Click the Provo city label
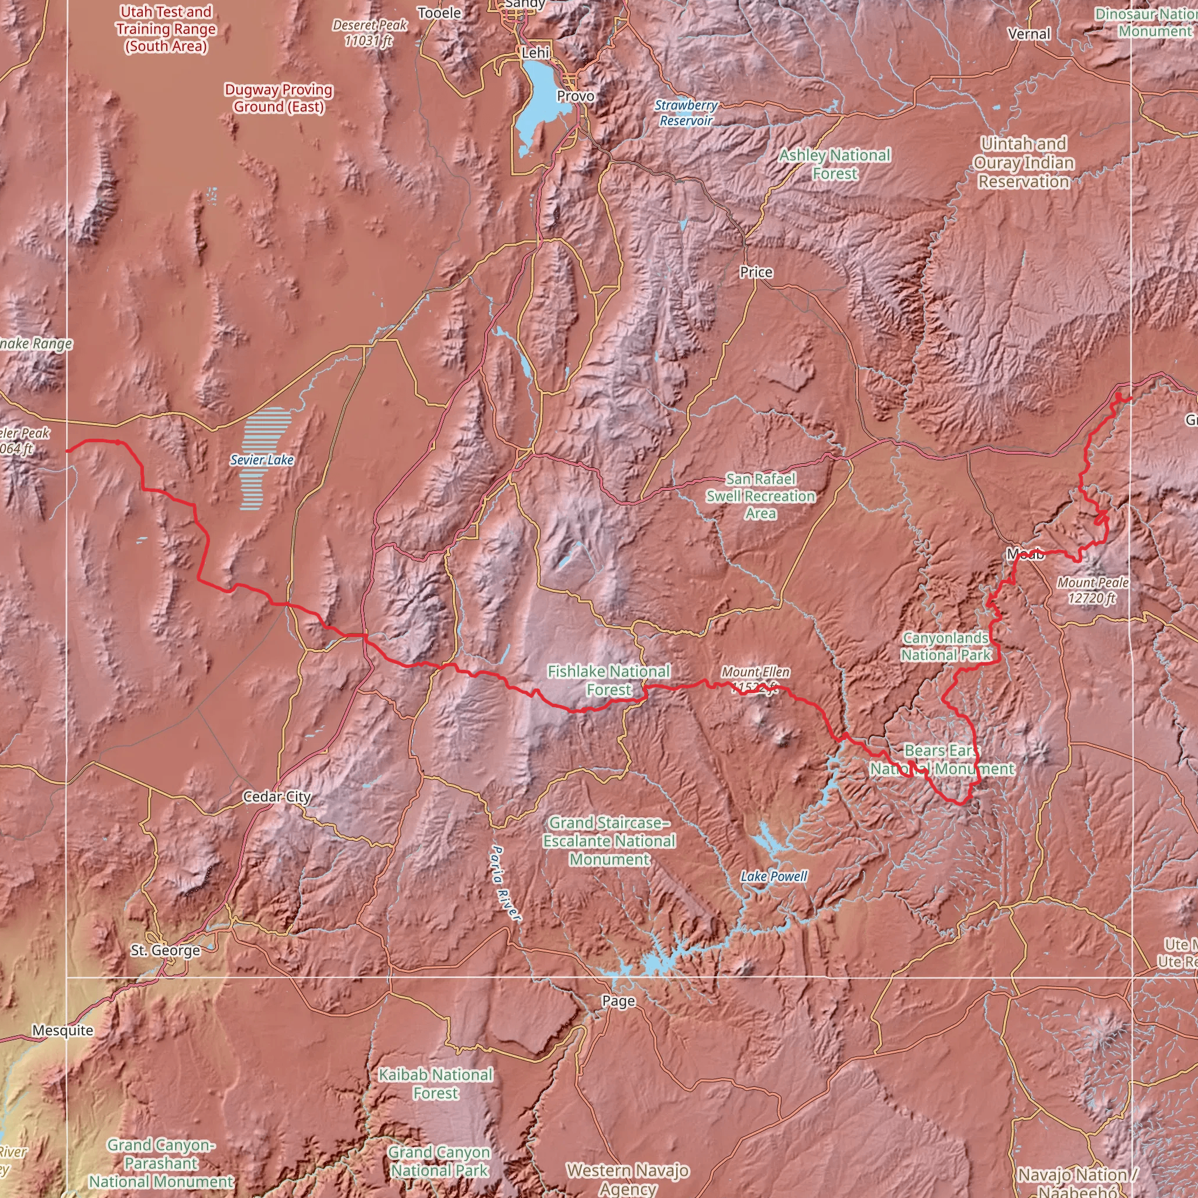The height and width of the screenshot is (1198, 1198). coord(575,96)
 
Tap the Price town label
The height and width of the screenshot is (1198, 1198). coord(756,272)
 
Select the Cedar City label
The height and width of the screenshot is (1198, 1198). coord(277,797)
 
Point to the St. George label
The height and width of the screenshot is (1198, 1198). coord(165,951)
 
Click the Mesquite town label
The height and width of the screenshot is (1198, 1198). coord(63,1031)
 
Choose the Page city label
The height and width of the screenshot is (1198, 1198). coord(618,1001)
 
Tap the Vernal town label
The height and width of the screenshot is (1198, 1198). coord(1030,34)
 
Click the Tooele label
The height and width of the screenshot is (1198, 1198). coord(439,13)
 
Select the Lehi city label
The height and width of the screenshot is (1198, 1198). coord(535,53)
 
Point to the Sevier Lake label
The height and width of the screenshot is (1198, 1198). coord(261,460)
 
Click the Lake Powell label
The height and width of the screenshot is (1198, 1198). coord(774,877)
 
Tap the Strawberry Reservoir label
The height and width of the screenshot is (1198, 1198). coord(686,113)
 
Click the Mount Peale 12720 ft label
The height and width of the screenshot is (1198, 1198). coord(1093,590)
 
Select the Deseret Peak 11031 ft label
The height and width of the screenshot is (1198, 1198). coord(370,33)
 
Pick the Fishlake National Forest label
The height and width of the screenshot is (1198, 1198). coord(608,680)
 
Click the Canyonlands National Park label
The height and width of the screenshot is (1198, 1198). coord(946,646)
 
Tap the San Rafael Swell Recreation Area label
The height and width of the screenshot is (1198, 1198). coord(761,496)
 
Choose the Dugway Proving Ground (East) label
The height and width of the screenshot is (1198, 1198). coord(278,98)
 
